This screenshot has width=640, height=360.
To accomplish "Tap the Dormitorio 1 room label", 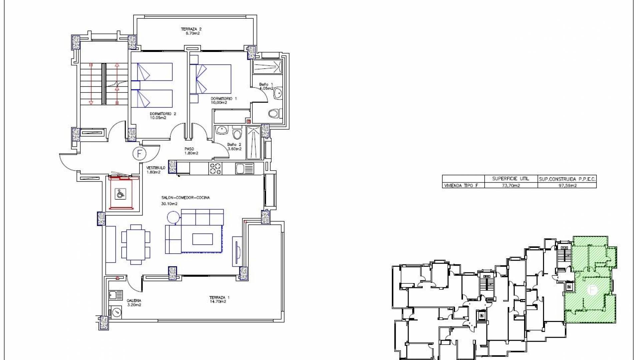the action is [x=223, y=100].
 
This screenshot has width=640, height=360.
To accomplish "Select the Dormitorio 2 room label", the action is [x=163, y=115].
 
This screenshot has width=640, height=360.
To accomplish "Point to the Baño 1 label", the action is [x=266, y=86].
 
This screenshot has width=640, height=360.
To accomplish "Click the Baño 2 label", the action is [x=234, y=147].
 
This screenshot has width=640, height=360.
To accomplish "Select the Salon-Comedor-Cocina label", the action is [x=185, y=200].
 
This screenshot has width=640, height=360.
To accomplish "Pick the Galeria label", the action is [x=134, y=302].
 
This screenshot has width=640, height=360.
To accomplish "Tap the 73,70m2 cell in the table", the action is [x=511, y=185].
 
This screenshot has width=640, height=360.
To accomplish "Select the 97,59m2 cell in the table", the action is [x=567, y=185].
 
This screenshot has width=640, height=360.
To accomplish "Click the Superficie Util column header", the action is [x=510, y=179].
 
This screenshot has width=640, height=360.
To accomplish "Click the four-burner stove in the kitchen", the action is [x=215, y=168].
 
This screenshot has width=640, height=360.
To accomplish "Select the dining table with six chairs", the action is [x=136, y=244].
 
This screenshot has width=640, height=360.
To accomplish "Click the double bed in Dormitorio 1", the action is [x=210, y=79].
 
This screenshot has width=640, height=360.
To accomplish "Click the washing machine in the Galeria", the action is [x=116, y=312].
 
